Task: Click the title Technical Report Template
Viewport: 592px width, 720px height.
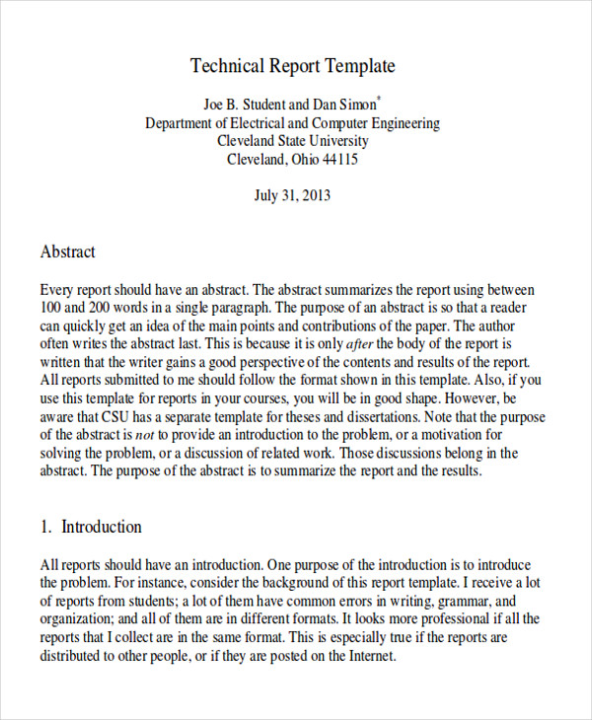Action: coord(292,66)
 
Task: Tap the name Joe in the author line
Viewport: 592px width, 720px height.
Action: coord(215,104)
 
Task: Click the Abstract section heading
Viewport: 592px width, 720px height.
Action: coord(68,252)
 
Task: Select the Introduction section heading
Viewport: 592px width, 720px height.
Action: coord(102,527)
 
